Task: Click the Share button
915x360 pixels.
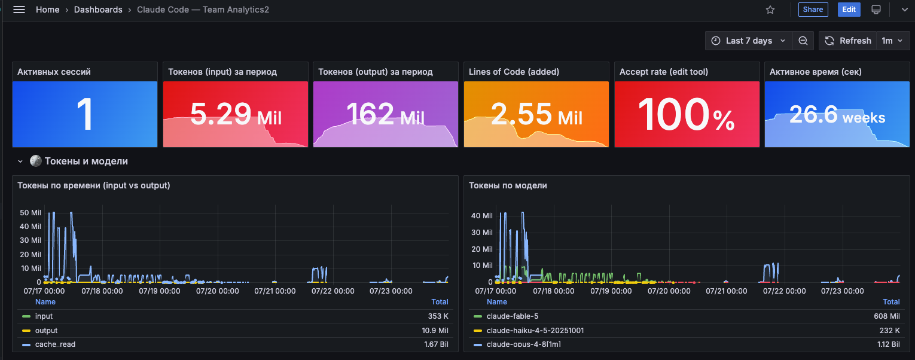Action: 813,10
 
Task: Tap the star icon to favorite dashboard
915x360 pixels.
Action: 770,10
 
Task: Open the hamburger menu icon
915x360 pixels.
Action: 19,10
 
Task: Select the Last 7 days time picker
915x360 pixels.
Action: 748,41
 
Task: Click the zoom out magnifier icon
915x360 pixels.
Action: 803,41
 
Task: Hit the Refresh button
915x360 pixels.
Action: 847,41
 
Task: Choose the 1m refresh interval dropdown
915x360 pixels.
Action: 892,41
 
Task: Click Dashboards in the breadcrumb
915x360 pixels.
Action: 98,10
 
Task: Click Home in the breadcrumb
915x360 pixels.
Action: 47,10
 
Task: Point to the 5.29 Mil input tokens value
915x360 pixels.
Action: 236,114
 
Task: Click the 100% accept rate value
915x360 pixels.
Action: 687,114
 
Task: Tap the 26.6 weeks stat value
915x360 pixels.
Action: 837,115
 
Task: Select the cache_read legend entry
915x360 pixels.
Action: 55,344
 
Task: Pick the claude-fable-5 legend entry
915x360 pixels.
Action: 513,316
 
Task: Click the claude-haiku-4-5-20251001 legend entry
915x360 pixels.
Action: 535,331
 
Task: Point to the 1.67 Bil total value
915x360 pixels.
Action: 436,344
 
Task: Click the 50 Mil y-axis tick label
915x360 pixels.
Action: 30,212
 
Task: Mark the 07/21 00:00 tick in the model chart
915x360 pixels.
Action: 726,291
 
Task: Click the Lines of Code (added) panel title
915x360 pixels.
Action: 514,72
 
